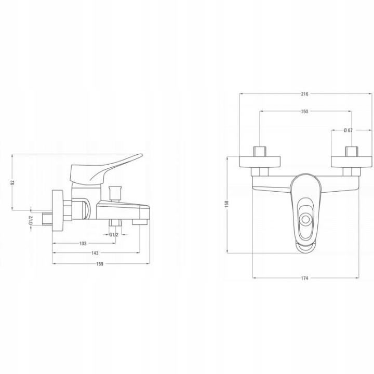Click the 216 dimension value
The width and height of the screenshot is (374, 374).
(304, 94)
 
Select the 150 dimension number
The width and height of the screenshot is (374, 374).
(304, 111)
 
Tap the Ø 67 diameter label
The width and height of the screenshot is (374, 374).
(348, 130)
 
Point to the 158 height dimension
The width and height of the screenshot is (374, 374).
(227, 204)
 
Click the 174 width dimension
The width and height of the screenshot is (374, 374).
(304, 278)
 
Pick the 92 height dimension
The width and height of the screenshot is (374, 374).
(13, 182)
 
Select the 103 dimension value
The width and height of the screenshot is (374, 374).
(83, 244)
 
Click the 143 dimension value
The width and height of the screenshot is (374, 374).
(95, 253)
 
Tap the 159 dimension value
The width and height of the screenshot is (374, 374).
(100, 264)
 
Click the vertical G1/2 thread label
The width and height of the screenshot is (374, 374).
(31, 220)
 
